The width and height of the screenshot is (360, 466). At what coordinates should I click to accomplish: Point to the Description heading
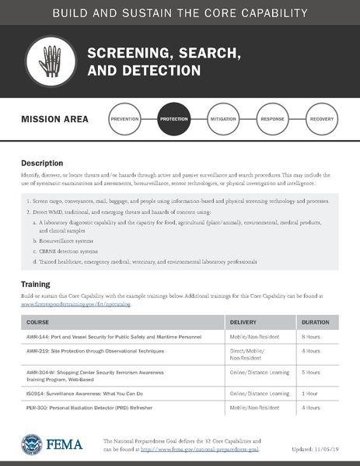[x=41, y=163]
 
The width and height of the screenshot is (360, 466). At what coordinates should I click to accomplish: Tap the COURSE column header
[x=38, y=321]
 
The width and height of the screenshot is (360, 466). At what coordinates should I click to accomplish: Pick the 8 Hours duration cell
[x=311, y=336]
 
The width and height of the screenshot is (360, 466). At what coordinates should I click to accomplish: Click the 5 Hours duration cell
[x=311, y=372]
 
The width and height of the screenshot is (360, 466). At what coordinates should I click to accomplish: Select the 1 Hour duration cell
[x=309, y=394]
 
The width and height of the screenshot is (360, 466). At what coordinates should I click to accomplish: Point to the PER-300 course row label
[x=39, y=408]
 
